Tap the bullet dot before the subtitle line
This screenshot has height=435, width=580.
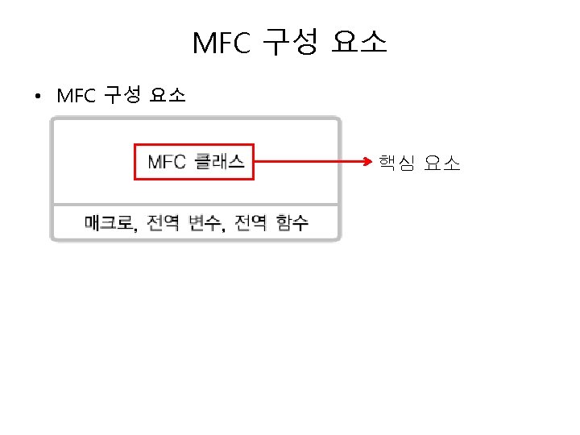coord(38,98)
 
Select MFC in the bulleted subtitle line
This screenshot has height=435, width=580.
coord(77,97)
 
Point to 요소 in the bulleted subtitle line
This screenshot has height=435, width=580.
coord(168,97)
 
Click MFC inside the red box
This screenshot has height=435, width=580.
coord(167,162)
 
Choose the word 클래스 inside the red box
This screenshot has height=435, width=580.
coord(220,162)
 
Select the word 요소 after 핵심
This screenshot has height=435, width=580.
coord(441,164)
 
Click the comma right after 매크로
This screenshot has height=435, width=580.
coord(136,228)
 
